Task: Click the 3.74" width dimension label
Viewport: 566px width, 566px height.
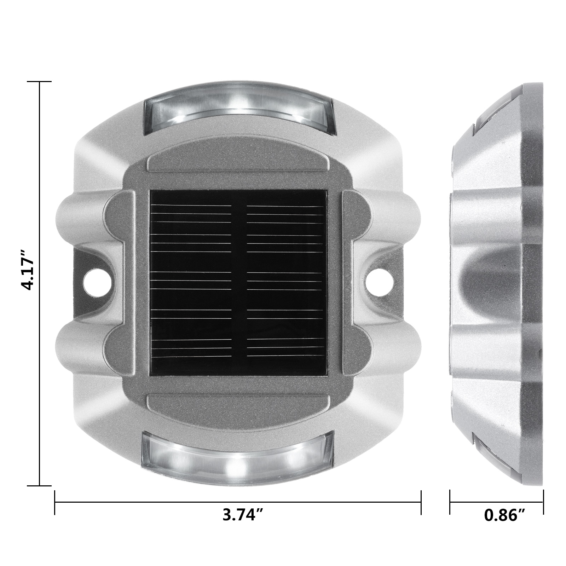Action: tap(243, 515)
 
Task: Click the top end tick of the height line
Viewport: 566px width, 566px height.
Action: tap(40, 82)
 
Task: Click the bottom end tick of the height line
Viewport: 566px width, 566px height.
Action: tap(40, 486)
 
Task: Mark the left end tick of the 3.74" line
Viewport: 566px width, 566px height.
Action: tap(55, 502)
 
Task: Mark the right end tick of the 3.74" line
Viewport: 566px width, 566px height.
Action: tap(421, 502)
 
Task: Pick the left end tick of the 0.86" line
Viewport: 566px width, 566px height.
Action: tap(450, 502)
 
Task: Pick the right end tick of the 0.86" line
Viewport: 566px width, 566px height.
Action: tap(543, 502)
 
